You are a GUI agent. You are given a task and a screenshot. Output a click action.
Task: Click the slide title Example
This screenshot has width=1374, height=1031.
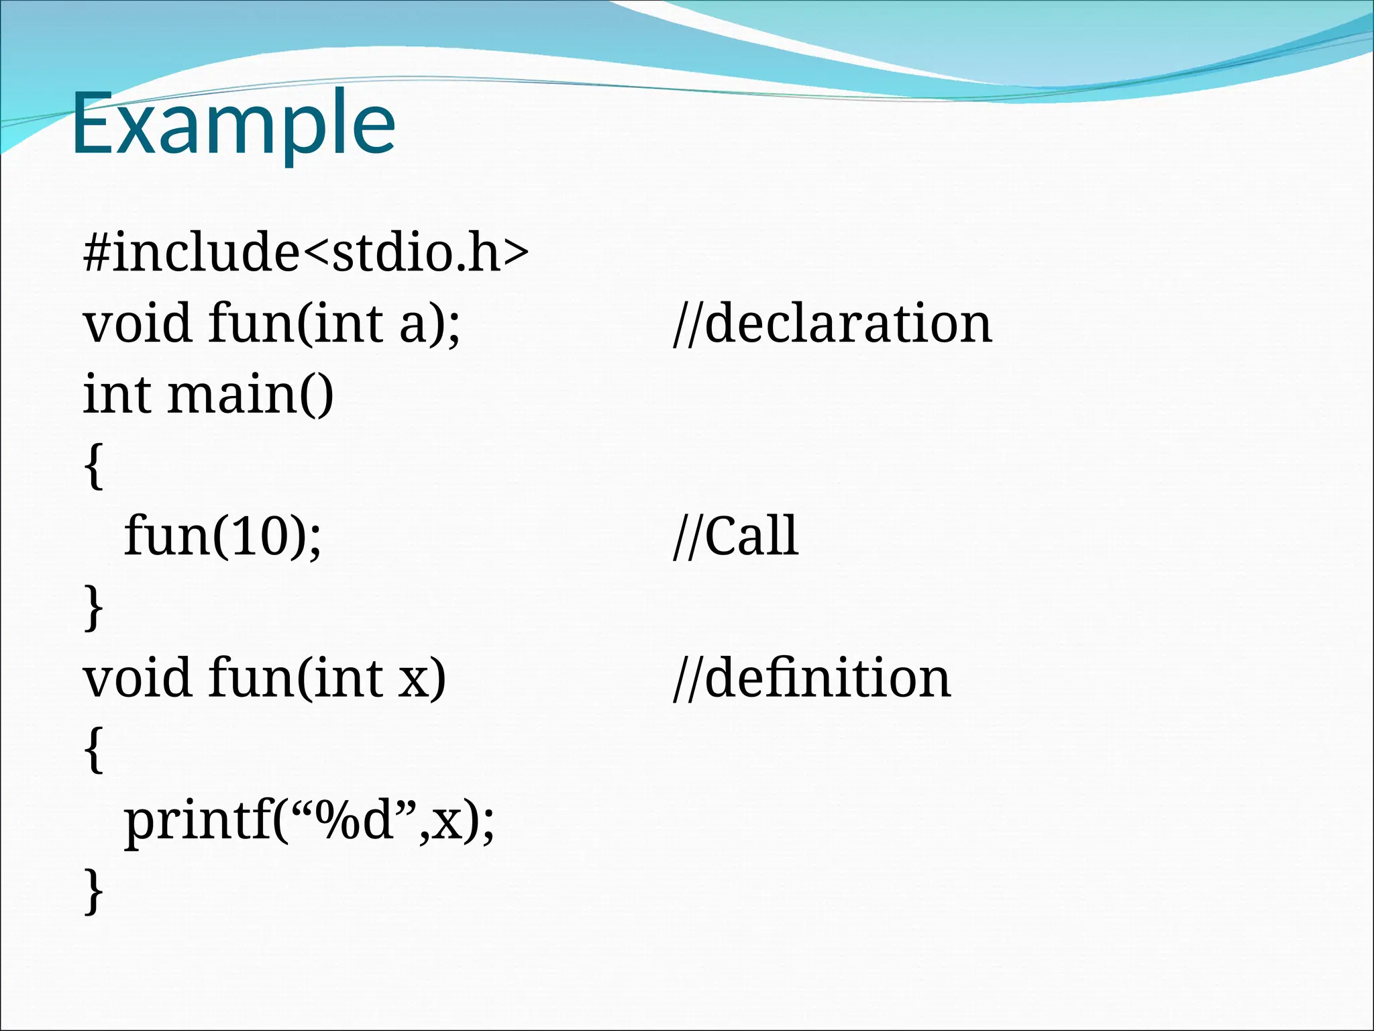(x=233, y=125)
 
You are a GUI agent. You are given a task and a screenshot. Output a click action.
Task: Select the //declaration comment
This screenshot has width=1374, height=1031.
(x=832, y=324)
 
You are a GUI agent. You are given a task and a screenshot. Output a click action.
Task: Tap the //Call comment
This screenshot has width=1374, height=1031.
(x=735, y=536)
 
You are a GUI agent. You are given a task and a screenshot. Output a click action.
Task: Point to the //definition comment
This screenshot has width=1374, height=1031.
(x=812, y=679)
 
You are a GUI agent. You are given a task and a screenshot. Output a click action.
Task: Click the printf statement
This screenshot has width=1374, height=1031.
(x=309, y=822)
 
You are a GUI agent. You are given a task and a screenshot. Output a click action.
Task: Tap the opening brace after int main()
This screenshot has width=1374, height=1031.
(x=94, y=466)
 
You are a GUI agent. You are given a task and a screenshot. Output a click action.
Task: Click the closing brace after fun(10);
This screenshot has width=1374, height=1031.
(x=94, y=607)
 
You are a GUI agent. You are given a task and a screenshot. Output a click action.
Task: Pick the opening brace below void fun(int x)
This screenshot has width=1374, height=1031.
(x=94, y=750)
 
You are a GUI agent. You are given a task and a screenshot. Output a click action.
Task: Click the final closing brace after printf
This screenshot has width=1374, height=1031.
(x=94, y=891)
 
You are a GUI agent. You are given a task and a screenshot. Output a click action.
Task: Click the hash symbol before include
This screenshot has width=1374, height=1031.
(x=97, y=254)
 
